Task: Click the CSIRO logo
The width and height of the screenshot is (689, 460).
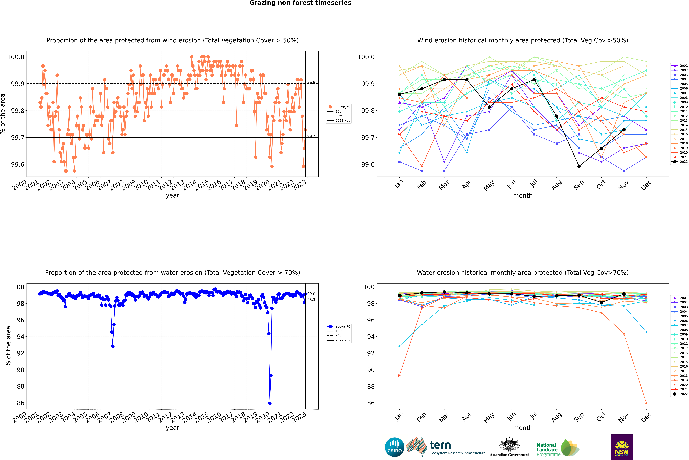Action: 394,447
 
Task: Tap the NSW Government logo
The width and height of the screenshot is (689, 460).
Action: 622,447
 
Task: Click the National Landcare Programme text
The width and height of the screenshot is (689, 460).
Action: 547,449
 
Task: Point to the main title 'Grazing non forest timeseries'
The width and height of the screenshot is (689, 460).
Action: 300,3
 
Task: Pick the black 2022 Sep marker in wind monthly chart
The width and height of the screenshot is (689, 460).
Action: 579,166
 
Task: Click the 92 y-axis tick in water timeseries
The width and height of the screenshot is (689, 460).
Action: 21,353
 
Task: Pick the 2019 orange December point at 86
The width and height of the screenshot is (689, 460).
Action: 646,403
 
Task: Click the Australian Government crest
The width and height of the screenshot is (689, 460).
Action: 509,445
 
